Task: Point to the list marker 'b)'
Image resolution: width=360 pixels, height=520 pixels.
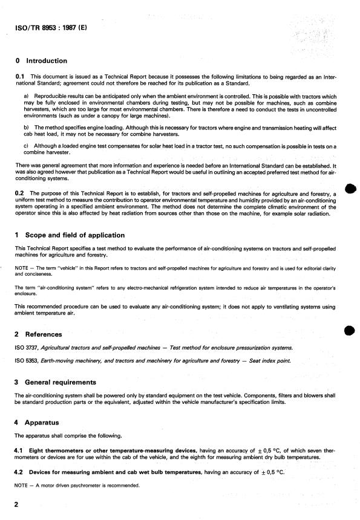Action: tap(26, 127)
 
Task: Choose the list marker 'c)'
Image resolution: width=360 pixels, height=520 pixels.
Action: tap(26, 144)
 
